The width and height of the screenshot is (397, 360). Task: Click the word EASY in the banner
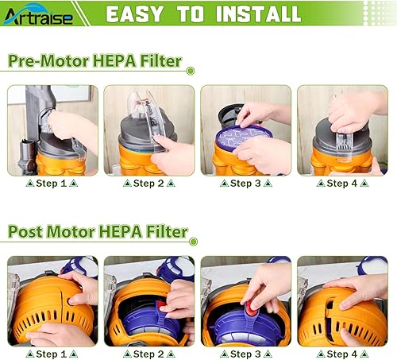tap(136, 14)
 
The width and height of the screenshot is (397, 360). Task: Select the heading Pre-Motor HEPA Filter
tap(95, 62)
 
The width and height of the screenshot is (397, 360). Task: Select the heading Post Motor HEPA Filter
tap(98, 232)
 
